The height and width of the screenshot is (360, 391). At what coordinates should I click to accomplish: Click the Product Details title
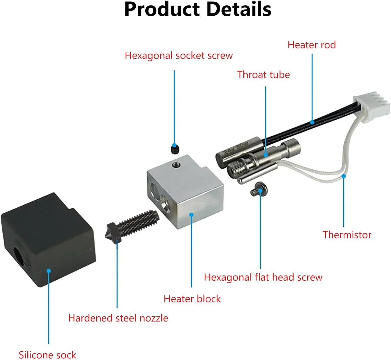point(198,9)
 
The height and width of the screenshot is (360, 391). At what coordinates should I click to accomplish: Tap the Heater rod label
point(311,45)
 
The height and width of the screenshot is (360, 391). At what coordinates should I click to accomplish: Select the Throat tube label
point(263,75)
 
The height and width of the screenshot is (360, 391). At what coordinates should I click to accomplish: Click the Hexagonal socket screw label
point(179,56)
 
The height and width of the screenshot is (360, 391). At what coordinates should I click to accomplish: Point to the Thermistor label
point(347,235)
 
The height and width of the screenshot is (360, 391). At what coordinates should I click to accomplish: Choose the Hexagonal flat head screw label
point(263,277)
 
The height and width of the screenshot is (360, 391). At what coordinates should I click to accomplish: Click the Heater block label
point(192,299)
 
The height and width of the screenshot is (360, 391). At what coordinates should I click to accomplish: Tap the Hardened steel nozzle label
point(118,318)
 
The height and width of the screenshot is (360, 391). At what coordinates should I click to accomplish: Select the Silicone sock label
point(48,355)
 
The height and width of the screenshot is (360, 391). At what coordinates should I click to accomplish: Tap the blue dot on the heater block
point(192,215)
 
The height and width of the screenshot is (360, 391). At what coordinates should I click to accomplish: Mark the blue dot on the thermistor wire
point(344,176)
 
